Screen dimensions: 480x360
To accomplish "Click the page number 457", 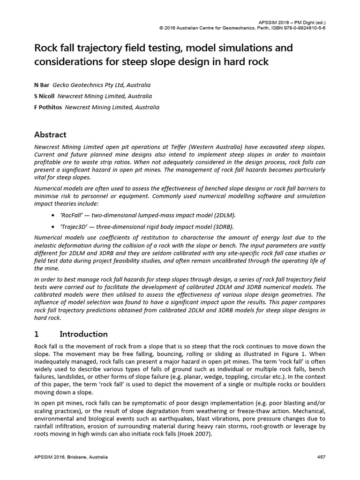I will (321, 457).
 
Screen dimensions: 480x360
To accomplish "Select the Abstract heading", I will (50, 135).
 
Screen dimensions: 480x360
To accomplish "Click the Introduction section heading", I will (83, 334).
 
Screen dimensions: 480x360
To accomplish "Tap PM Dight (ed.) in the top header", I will (308, 22).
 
